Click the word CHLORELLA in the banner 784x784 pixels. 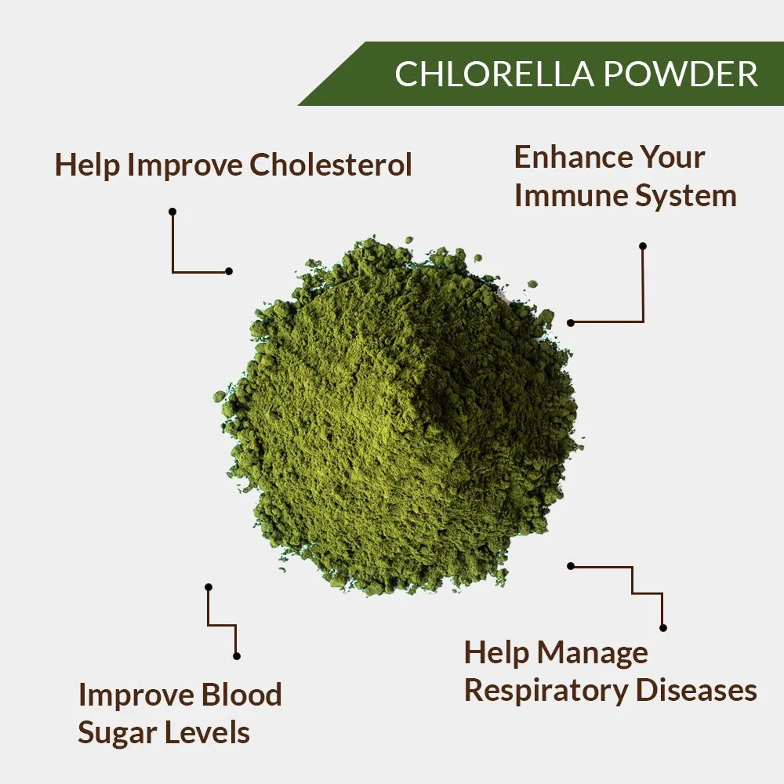pyautogui.click(x=481, y=74)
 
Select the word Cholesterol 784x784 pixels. pyautogui.click(x=330, y=165)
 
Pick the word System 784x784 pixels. pyautogui.click(x=686, y=196)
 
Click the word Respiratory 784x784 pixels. pyautogui.click(x=546, y=691)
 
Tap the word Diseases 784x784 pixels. pyautogui.click(x=696, y=690)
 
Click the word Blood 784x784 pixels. pyautogui.click(x=241, y=695)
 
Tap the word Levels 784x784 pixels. pyautogui.click(x=209, y=732)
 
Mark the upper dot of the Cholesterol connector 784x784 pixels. pyautogui.click(x=172, y=212)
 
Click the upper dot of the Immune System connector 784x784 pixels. pyautogui.click(x=643, y=246)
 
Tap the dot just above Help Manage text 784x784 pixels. pyautogui.click(x=663, y=627)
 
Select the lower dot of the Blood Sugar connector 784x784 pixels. pyautogui.click(x=236, y=655)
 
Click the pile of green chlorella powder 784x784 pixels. pyautogui.click(x=400, y=416)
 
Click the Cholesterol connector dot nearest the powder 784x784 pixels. pyautogui.click(x=229, y=271)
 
